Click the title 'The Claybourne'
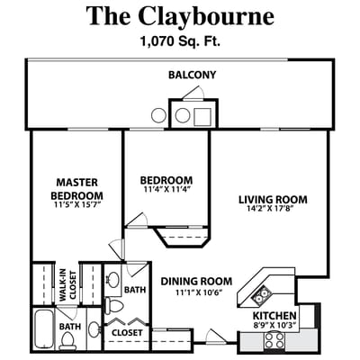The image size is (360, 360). pos(180,15)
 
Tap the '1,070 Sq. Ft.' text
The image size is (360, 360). pos(179,40)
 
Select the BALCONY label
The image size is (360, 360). pos(192,74)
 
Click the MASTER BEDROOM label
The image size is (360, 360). pos(76,189)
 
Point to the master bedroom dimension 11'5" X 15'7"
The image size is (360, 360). pos(76,206)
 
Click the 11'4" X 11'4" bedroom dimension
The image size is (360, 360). pos(167,190)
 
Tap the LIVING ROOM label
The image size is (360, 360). pos(273,199)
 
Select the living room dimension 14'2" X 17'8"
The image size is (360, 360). pos(273,211)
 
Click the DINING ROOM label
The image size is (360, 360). pos(197,281)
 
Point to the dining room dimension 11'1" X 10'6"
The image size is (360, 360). pos(197,292)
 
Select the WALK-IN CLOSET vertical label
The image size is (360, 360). pos(64,285)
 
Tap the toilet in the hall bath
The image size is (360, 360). pos(115,305)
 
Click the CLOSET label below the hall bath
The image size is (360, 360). pos(127,332)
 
